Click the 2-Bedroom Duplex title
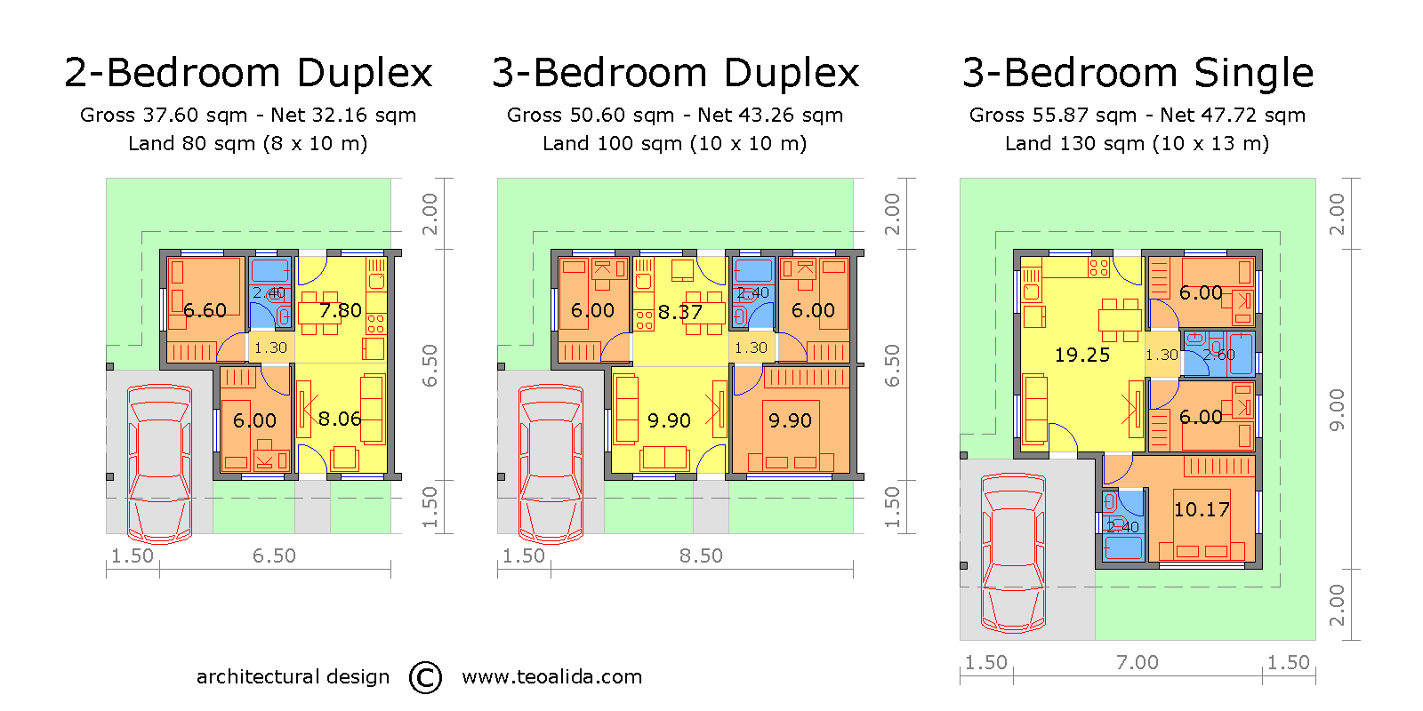click(x=248, y=73)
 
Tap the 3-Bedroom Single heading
click(x=1138, y=73)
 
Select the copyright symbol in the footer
click(x=425, y=677)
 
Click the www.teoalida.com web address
click(x=551, y=677)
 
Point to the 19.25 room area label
click(x=1081, y=355)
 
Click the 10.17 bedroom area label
click(x=1202, y=510)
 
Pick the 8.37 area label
click(x=679, y=313)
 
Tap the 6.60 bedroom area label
click(x=205, y=311)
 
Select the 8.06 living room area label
click(x=340, y=419)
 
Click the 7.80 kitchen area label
click(x=340, y=311)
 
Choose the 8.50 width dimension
click(x=701, y=556)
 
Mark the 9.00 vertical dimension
click(x=1337, y=409)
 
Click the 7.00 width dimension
click(x=1137, y=663)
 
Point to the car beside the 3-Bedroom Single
click(x=1013, y=553)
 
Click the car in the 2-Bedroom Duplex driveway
click(x=159, y=463)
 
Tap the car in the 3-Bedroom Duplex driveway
click(x=551, y=463)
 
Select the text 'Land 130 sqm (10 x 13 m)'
click(x=1137, y=144)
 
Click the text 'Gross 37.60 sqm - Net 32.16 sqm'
click(x=248, y=116)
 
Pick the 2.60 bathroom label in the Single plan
click(x=1218, y=355)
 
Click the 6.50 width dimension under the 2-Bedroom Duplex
click(x=274, y=556)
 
